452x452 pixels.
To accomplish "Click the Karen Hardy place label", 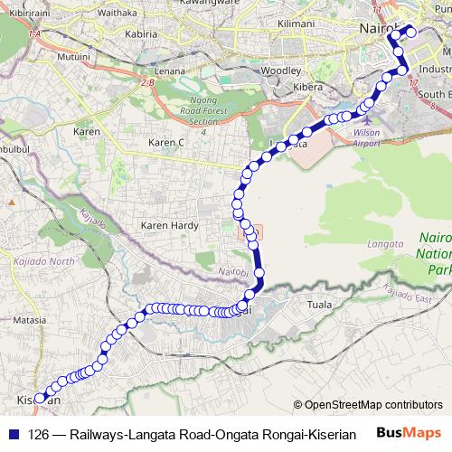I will click(163, 225).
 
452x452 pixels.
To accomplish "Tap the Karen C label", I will click(167, 143).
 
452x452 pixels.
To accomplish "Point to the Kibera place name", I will click(308, 87).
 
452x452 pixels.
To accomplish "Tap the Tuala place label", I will click(321, 306).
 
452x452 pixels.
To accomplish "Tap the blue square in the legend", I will click(13, 434).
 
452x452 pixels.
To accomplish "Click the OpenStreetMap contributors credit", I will click(367, 405).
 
